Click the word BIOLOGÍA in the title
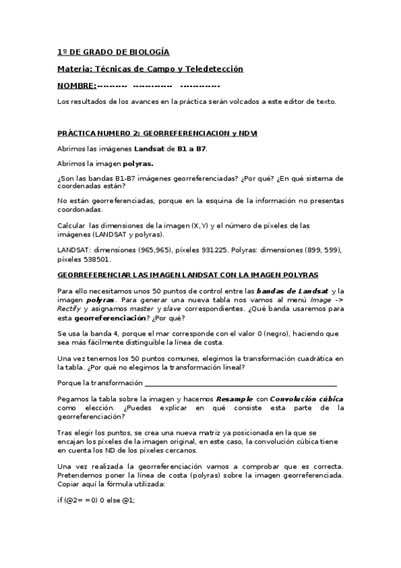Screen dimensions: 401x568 click(148, 52)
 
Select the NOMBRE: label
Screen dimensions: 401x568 click(76, 86)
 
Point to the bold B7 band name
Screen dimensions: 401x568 click(199, 148)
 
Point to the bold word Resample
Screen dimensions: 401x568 click(233, 399)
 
